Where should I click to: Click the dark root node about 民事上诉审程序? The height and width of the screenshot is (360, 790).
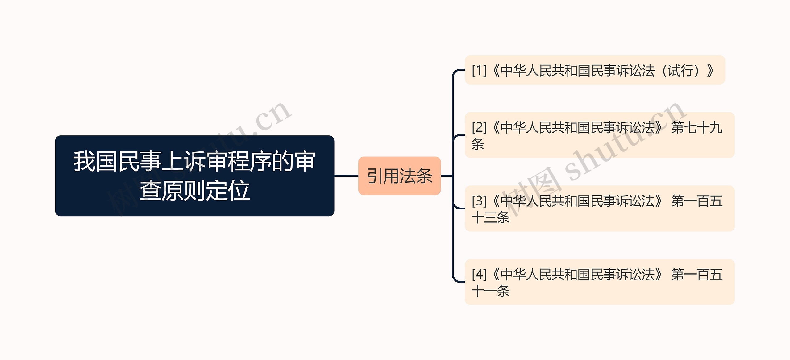[x=194, y=176]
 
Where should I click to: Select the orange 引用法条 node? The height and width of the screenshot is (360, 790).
[x=399, y=176]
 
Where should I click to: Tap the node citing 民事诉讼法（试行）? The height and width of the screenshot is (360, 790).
[x=594, y=70]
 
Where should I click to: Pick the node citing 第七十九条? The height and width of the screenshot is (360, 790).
[x=599, y=135]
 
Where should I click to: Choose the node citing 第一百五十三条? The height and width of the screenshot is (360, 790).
[x=599, y=209]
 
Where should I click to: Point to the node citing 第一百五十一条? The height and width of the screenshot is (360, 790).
[x=599, y=282]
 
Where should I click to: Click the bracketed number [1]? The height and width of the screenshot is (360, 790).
[x=479, y=71]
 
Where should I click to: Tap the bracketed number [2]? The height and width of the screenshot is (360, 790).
[x=479, y=127]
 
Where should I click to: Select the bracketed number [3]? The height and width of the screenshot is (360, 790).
[x=479, y=201]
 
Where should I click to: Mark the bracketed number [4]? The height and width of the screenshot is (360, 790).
[x=479, y=275]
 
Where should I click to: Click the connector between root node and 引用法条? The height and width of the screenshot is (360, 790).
[x=346, y=176]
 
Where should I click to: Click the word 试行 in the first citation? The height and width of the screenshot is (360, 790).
[x=681, y=71]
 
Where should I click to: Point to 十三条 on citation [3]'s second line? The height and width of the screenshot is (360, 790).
[x=491, y=217]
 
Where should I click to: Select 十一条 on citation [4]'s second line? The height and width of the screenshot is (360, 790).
[x=491, y=291]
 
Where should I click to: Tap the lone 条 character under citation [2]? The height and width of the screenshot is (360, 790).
[x=478, y=144]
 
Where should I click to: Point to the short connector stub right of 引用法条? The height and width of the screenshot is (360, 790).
[x=447, y=176]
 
